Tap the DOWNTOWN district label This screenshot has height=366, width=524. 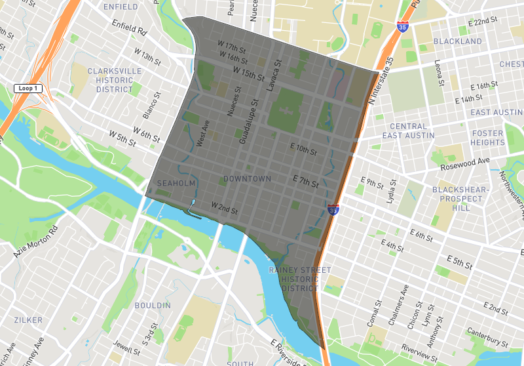coord(247,179)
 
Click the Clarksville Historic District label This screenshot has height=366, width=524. coord(110,80)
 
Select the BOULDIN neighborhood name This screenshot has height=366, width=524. coord(152,306)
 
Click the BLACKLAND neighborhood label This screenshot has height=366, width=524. coord(458,41)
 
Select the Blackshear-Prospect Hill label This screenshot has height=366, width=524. coord(460,199)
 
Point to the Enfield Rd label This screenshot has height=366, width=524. coord(130,27)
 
